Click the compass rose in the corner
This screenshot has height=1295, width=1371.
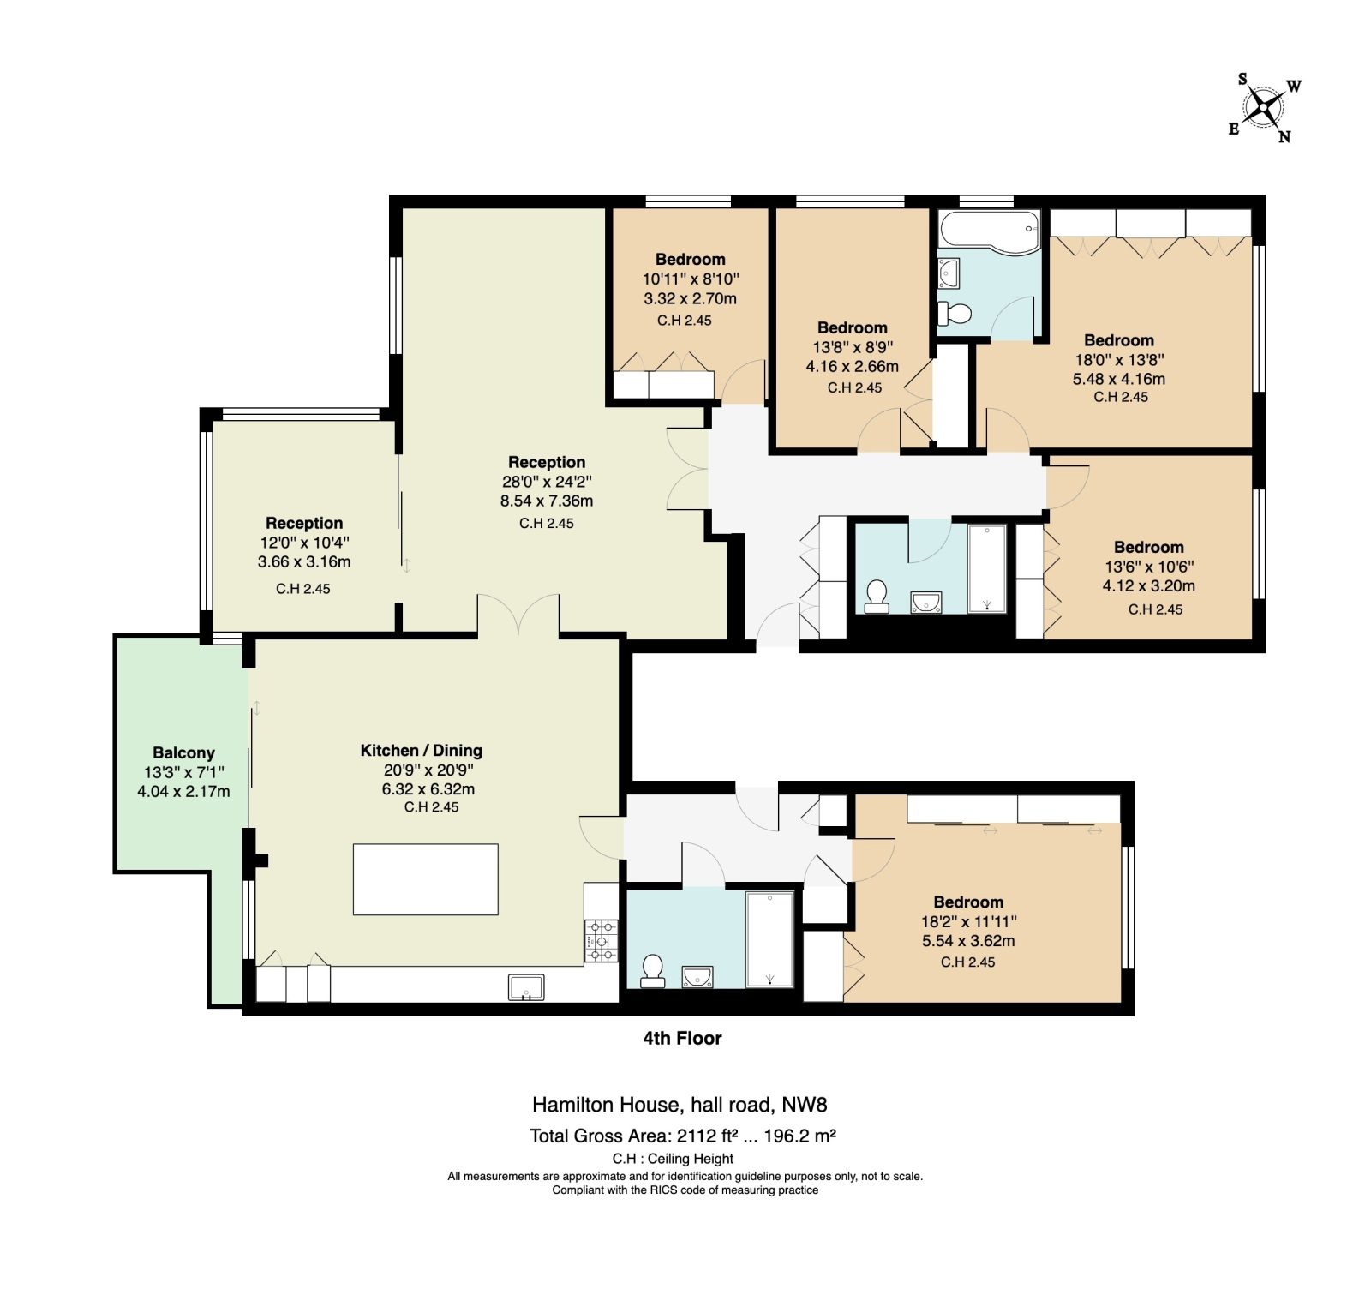(x=1264, y=108)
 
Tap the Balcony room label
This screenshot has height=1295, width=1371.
(x=183, y=753)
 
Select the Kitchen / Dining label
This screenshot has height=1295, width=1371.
(x=421, y=751)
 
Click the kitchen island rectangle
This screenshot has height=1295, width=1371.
(x=426, y=879)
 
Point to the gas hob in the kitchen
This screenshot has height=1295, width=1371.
(x=602, y=940)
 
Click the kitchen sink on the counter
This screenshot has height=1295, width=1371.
(x=526, y=987)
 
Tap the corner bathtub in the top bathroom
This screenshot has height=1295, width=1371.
(x=990, y=231)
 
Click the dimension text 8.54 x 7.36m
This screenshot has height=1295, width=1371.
(x=547, y=501)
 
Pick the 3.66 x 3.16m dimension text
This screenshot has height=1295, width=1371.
(x=304, y=562)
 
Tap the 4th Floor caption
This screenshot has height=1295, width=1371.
(x=682, y=1038)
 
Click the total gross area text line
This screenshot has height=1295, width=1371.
(x=683, y=1136)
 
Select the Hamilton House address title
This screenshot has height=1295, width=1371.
(x=680, y=1105)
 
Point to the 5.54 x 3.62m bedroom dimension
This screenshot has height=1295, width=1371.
(x=968, y=941)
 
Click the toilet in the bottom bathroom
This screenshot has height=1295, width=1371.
(x=653, y=971)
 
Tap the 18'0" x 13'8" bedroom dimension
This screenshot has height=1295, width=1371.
(x=1119, y=360)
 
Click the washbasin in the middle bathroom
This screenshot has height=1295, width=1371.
(x=925, y=603)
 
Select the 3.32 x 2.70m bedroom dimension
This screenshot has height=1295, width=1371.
(x=690, y=298)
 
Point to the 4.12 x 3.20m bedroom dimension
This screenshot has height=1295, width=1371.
(x=1148, y=586)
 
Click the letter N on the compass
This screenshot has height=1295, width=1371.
(x=1284, y=136)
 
